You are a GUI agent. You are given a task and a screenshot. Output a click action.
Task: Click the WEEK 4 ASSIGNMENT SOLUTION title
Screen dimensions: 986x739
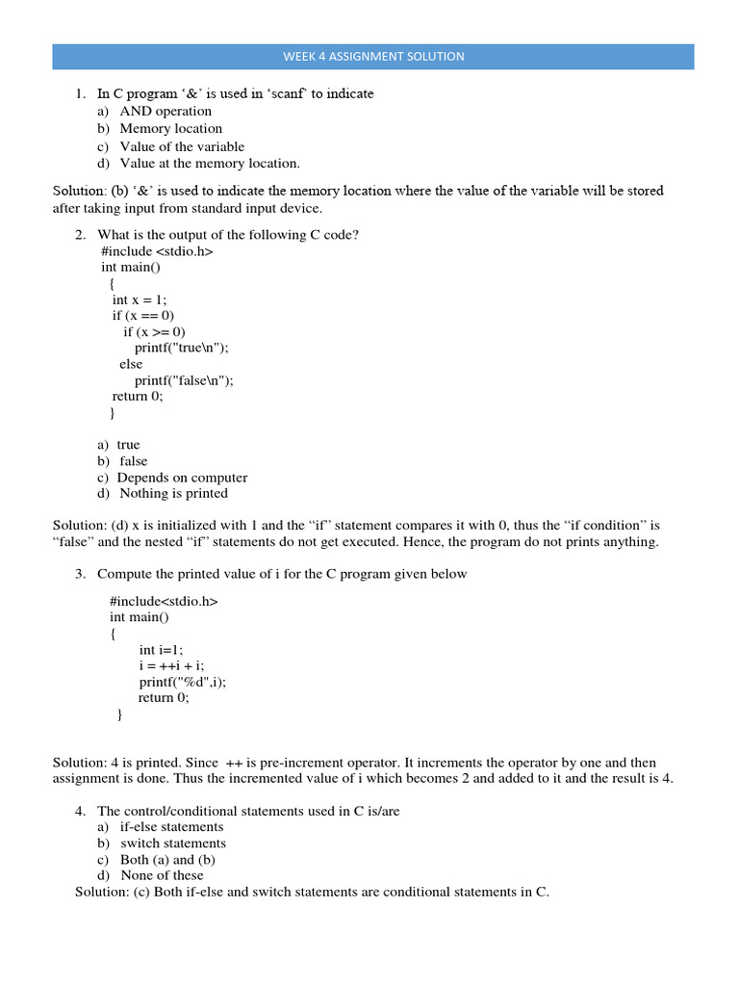(x=373, y=57)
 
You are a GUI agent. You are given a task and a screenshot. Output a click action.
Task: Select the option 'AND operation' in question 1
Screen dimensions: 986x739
(x=165, y=111)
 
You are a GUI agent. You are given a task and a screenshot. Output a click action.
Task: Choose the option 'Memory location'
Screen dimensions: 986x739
(x=170, y=128)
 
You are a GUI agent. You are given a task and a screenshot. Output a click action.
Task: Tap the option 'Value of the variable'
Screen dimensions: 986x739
(x=182, y=146)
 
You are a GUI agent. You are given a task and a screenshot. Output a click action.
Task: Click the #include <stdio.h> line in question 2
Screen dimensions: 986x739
(x=156, y=251)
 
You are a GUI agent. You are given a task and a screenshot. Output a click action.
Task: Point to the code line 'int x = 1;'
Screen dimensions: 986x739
(x=140, y=299)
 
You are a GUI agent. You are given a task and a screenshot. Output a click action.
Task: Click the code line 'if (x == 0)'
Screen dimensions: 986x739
(x=143, y=316)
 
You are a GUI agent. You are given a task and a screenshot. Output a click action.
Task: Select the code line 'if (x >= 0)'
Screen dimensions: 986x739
(x=154, y=332)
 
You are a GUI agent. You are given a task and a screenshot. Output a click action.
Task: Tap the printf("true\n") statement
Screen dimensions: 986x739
(x=183, y=349)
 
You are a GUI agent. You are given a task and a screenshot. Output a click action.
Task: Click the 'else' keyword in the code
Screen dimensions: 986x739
(x=131, y=364)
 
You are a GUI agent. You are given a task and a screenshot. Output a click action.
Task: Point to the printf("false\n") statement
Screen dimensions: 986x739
(x=184, y=380)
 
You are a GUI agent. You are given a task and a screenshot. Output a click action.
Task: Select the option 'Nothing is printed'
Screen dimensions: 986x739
(x=173, y=493)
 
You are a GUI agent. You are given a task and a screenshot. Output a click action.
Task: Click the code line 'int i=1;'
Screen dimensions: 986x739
(x=161, y=650)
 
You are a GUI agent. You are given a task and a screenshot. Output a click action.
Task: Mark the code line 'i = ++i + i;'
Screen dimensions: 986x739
(x=172, y=665)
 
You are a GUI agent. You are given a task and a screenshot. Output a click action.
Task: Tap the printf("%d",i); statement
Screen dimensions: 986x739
(x=182, y=682)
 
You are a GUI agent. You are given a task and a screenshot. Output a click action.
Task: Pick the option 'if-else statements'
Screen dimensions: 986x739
(x=171, y=826)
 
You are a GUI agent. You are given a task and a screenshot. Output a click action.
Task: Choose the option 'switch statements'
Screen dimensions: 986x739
(x=172, y=843)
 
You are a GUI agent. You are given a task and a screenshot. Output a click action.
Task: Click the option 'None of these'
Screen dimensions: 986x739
(x=162, y=875)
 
